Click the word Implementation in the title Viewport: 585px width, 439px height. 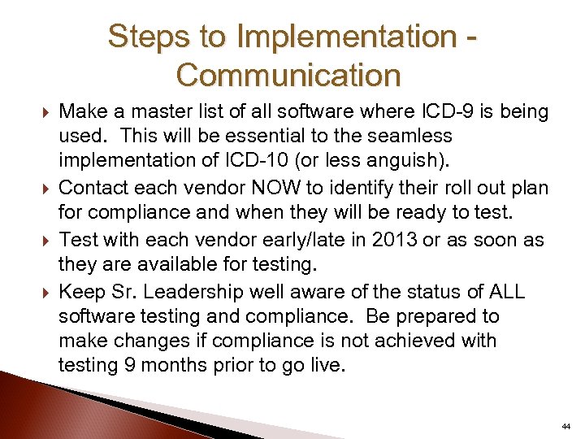pos(343,37)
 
